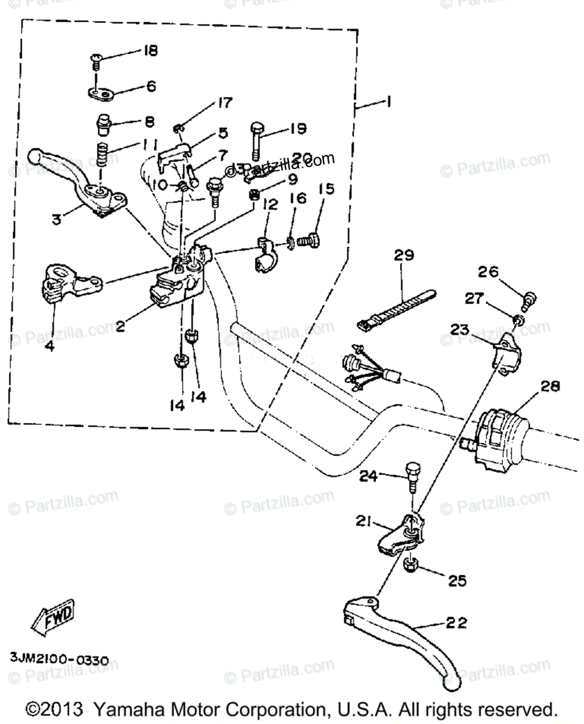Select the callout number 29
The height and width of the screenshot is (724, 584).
pyautogui.click(x=405, y=256)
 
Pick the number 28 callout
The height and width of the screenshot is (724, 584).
pyautogui.click(x=550, y=386)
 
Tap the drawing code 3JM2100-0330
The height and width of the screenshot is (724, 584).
pyautogui.click(x=59, y=660)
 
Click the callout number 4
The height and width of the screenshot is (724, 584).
pyautogui.click(x=49, y=347)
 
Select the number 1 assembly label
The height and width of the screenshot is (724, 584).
pyautogui.click(x=387, y=103)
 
